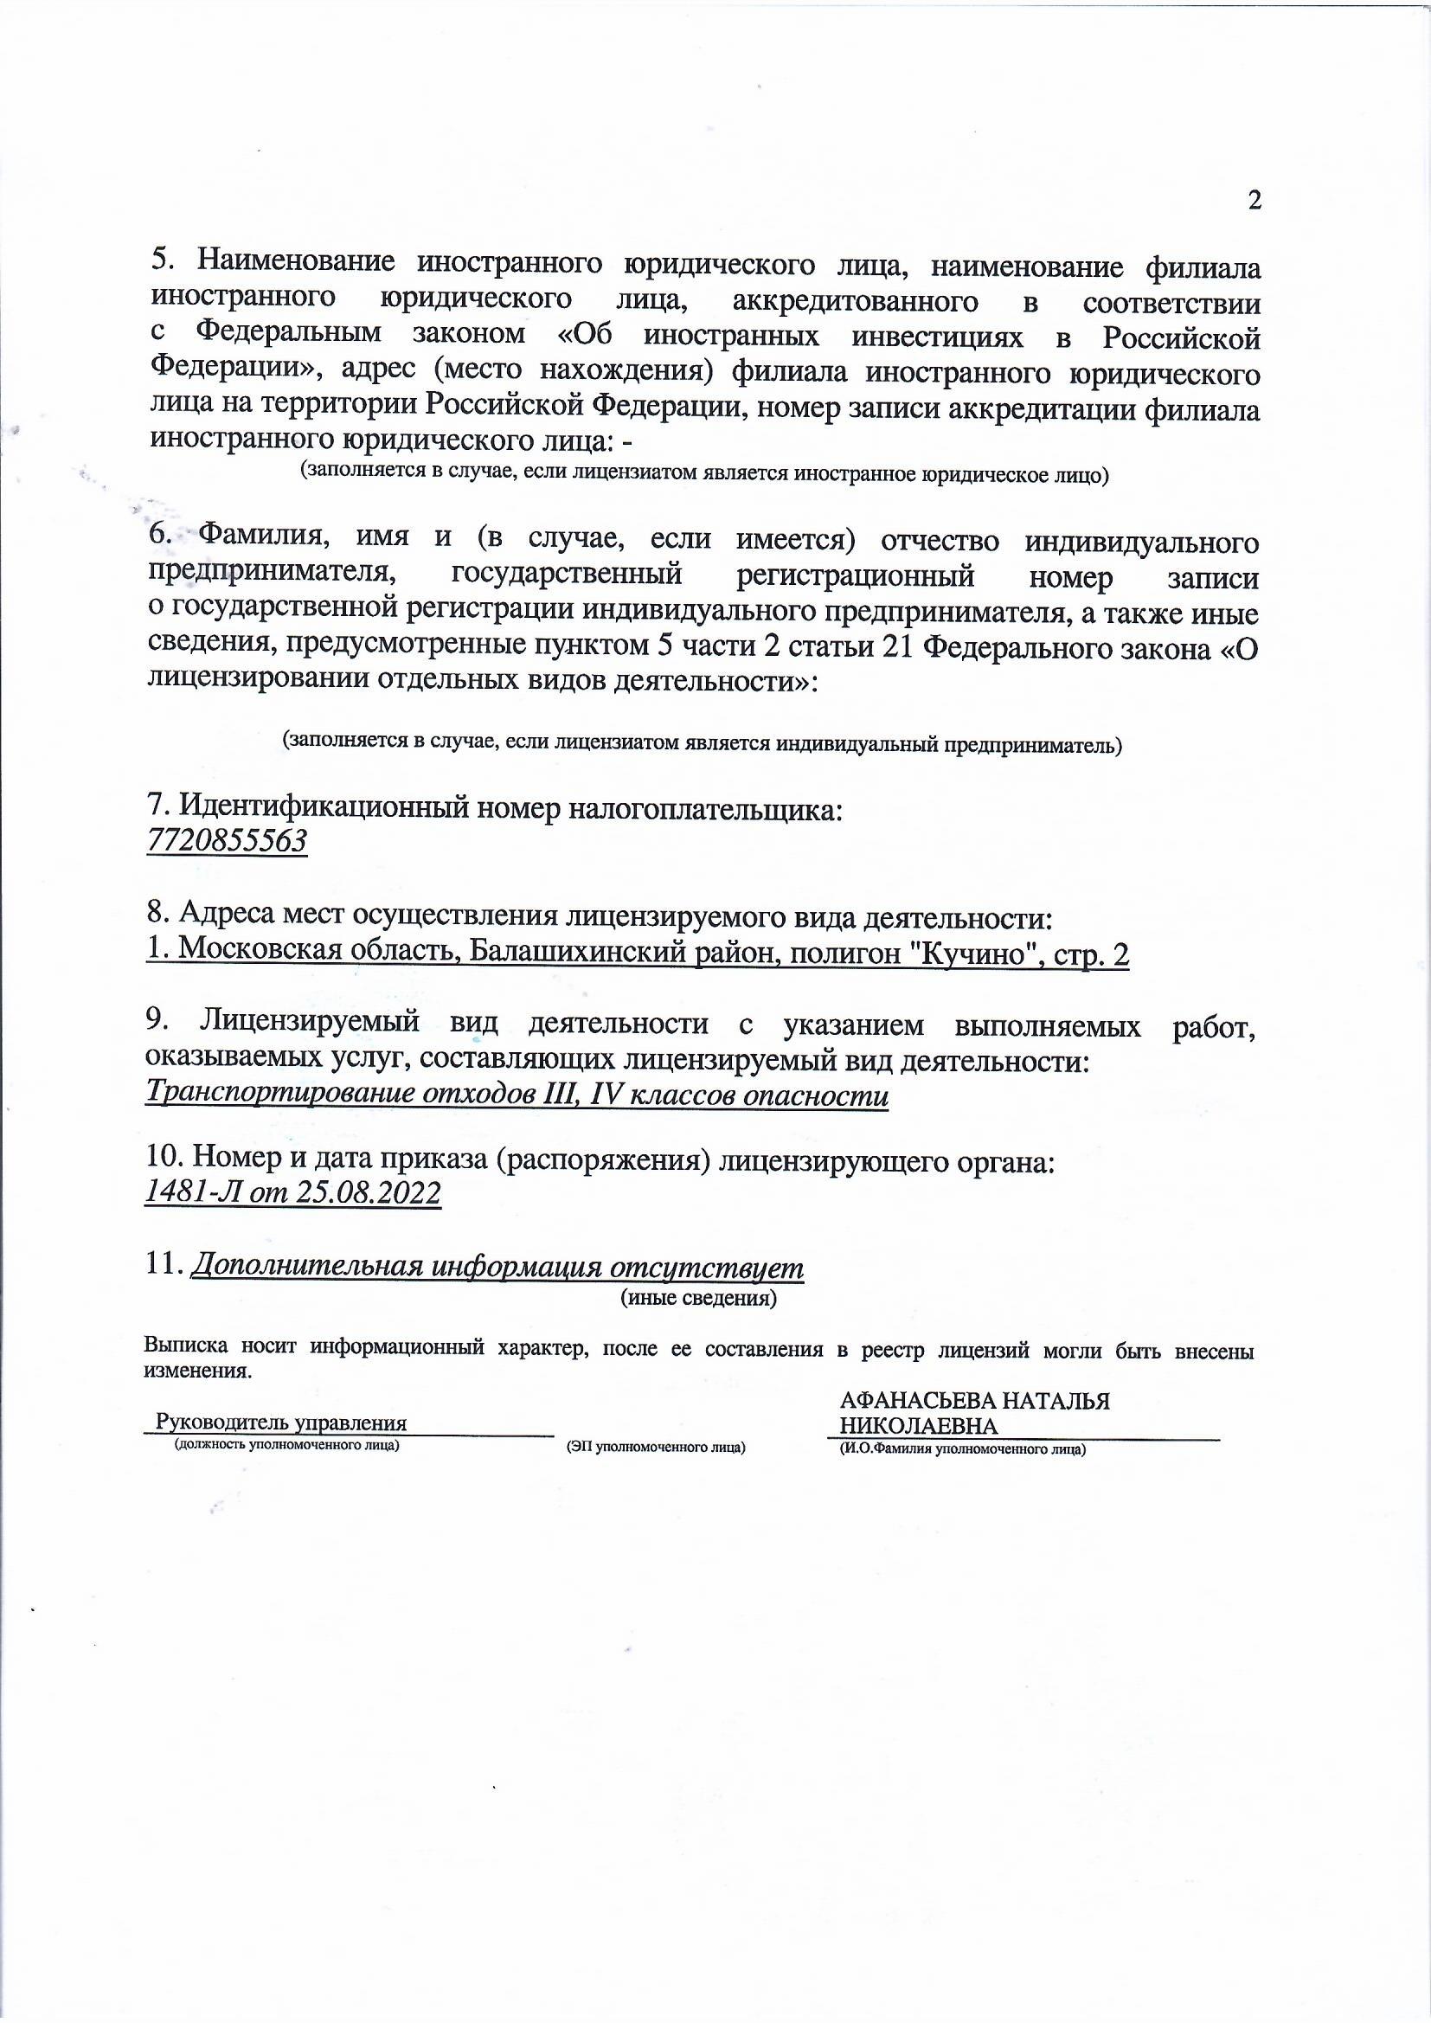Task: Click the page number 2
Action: pos(1255,201)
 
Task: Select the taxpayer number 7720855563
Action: pos(227,841)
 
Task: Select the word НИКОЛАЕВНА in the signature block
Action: pos(918,1427)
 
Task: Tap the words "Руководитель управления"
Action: pos(281,1423)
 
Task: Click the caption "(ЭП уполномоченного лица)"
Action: pos(657,1448)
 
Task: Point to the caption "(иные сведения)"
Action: pos(699,1298)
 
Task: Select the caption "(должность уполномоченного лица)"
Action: pos(287,1445)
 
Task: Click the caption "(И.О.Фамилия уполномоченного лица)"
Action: pos(962,1448)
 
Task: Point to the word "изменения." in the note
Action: pos(197,1371)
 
